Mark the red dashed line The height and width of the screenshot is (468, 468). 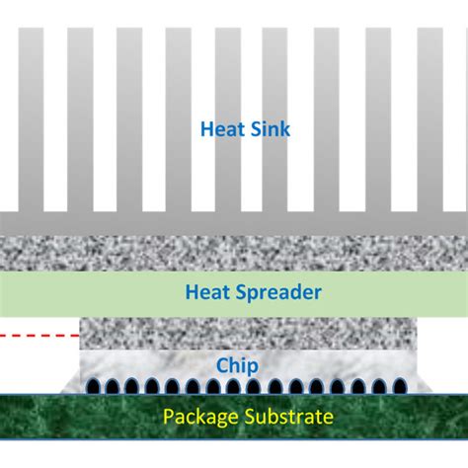39,336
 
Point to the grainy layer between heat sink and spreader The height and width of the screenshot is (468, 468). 234,254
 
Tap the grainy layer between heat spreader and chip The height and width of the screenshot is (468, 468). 234,334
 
